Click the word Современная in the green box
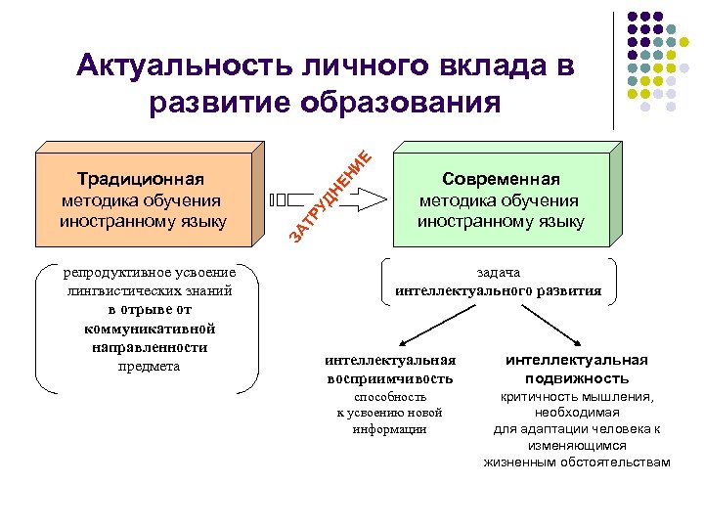[x=501, y=179]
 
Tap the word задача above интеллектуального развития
[x=499, y=273]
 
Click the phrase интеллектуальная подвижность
[x=576, y=369]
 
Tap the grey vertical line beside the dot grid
[x=614, y=68]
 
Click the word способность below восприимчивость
[x=389, y=397]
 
